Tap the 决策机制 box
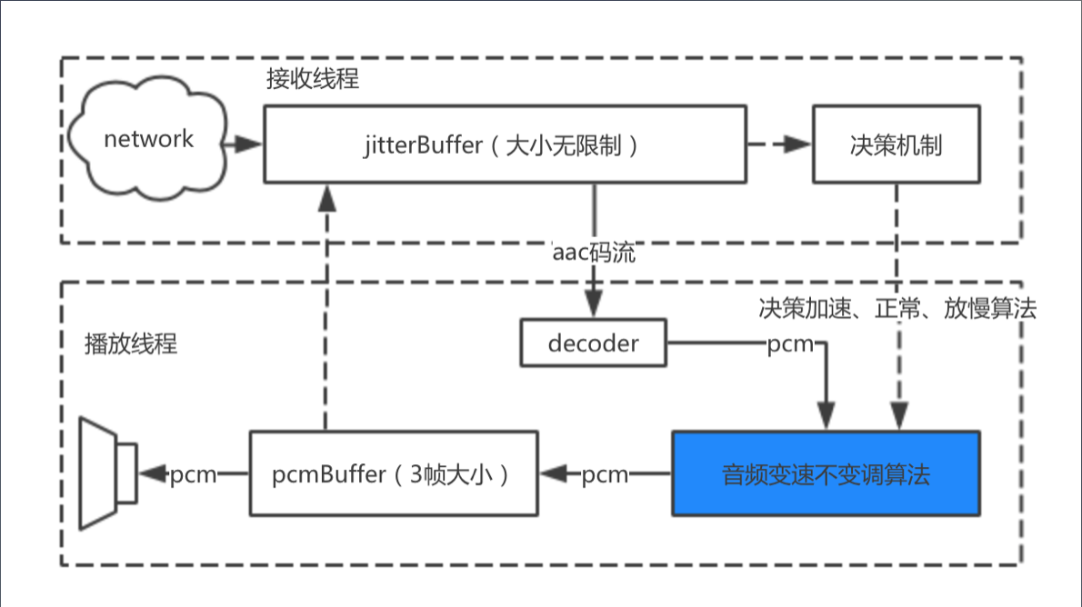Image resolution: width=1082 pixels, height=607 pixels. [x=896, y=144]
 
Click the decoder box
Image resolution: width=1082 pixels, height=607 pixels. [x=593, y=343]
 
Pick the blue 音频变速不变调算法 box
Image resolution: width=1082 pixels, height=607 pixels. [x=826, y=473]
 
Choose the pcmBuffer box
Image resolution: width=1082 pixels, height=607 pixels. [x=394, y=474]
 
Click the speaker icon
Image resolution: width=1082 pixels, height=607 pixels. [x=107, y=473]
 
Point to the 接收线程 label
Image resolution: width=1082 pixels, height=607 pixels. [x=312, y=79]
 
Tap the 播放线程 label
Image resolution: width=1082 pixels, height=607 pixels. [x=129, y=344]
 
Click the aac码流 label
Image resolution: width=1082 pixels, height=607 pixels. [x=594, y=253]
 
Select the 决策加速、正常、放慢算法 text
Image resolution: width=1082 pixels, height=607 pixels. [x=897, y=308]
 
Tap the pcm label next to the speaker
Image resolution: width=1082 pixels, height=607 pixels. [x=193, y=474]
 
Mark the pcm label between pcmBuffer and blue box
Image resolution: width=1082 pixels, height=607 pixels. [x=605, y=474]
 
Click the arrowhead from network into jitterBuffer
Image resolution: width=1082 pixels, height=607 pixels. [x=250, y=144]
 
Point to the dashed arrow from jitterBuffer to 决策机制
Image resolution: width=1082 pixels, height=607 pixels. [x=777, y=144]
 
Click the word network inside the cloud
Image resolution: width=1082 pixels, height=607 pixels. [x=148, y=139]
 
